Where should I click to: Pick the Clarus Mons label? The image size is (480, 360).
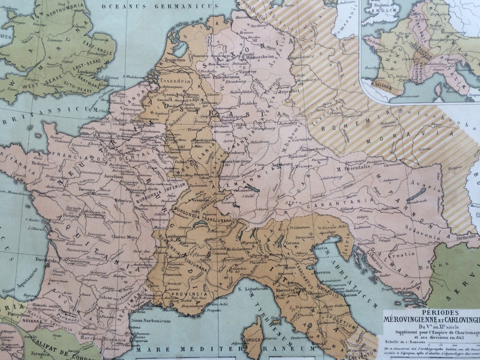121,237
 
